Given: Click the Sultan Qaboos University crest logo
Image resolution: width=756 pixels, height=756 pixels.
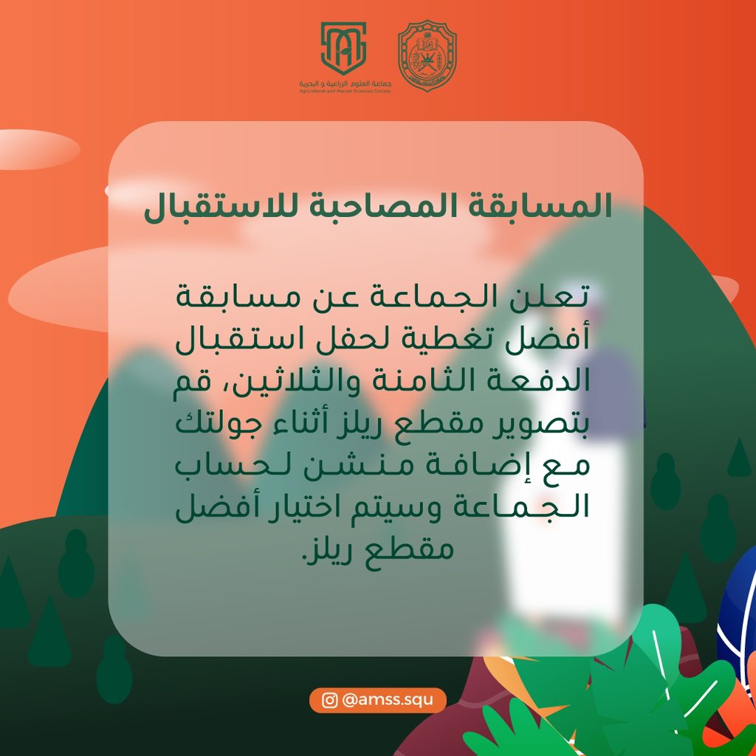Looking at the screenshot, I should pos(427,56).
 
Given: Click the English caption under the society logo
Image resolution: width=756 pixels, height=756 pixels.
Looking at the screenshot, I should pos(343,92).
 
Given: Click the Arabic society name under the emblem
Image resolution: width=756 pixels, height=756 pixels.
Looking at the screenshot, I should pos(343,85).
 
